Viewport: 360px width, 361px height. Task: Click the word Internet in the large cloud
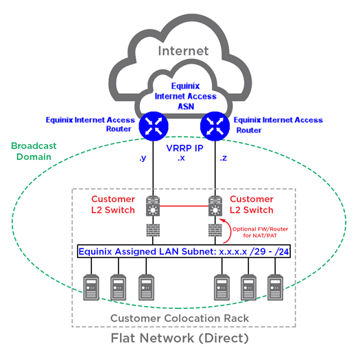coord(183,51)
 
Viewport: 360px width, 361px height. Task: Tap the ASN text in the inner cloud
coord(186,106)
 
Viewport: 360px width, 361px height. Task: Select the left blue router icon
coord(154,126)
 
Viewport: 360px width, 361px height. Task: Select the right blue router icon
coord(215,126)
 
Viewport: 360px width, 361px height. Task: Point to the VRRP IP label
coord(184,148)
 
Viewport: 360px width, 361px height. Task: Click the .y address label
coord(143,158)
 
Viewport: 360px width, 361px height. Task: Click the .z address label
coord(224,158)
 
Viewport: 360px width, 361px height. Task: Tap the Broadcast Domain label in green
coord(34,151)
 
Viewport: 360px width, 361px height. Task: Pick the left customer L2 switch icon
coord(153,206)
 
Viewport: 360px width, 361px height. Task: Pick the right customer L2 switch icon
coord(215,206)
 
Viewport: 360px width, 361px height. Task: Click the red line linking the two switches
coord(184,206)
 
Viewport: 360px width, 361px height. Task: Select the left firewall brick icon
coord(153,230)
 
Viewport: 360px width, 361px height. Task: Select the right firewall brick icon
coord(215,230)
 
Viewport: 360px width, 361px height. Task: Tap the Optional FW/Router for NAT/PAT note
coord(260,232)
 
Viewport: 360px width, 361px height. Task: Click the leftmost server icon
coord(91,288)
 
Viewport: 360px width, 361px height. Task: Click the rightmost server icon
coord(276,288)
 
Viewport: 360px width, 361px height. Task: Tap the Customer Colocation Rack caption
coord(180,318)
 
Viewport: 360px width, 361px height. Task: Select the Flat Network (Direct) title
coord(180,338)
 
